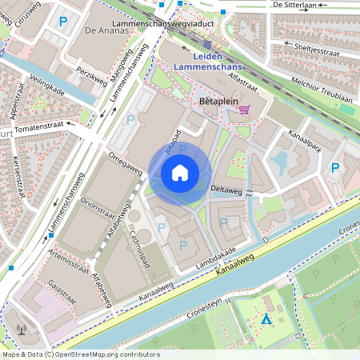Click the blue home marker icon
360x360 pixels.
180,172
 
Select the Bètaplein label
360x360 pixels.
215,103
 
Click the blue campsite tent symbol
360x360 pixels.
266,319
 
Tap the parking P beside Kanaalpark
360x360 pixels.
336,169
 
